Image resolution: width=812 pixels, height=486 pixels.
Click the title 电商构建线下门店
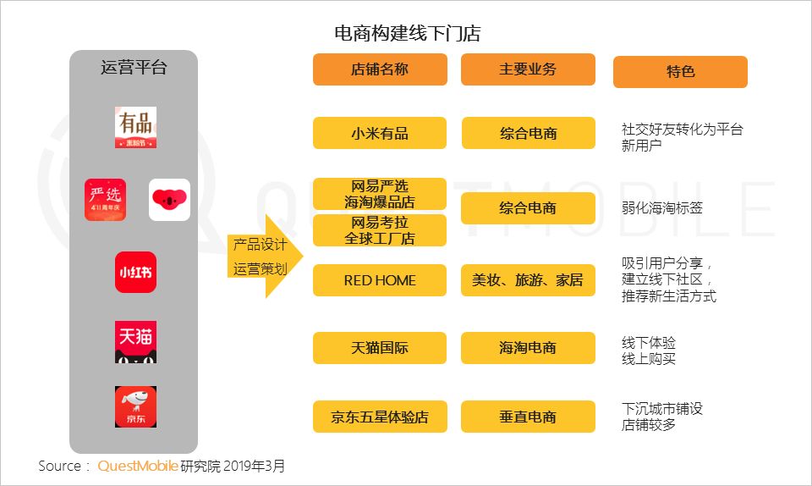(408, 33)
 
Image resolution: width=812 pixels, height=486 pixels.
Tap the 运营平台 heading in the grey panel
(134, 68)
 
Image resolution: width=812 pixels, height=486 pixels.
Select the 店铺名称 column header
(380, 69)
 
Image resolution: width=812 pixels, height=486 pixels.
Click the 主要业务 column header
(528, 69)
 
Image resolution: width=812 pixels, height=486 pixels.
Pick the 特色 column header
(680, 72)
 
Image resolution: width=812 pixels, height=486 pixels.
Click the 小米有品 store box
(380, 133)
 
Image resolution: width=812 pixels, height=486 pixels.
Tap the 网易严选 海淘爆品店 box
(380, 194)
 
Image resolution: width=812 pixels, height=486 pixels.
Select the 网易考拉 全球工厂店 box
(380, 230)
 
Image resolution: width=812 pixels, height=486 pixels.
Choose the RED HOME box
(380, 280)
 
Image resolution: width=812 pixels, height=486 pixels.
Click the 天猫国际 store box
(380, 348)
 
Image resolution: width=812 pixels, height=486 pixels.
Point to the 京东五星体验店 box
(380, 417)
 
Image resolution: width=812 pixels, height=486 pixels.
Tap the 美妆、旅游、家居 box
(528, 280)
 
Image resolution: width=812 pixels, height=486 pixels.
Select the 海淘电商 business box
(528, 348)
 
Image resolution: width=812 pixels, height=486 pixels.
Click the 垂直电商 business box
(528, 417)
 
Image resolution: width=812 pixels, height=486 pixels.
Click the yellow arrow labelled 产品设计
(262, 257)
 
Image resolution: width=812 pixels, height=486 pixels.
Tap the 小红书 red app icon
(135, 273)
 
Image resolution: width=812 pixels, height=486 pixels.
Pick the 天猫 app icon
(135, 342)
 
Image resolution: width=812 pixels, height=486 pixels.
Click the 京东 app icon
(135, 406)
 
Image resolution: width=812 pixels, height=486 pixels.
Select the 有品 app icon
(135, 128)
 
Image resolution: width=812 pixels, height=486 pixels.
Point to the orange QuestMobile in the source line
(137, 466)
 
